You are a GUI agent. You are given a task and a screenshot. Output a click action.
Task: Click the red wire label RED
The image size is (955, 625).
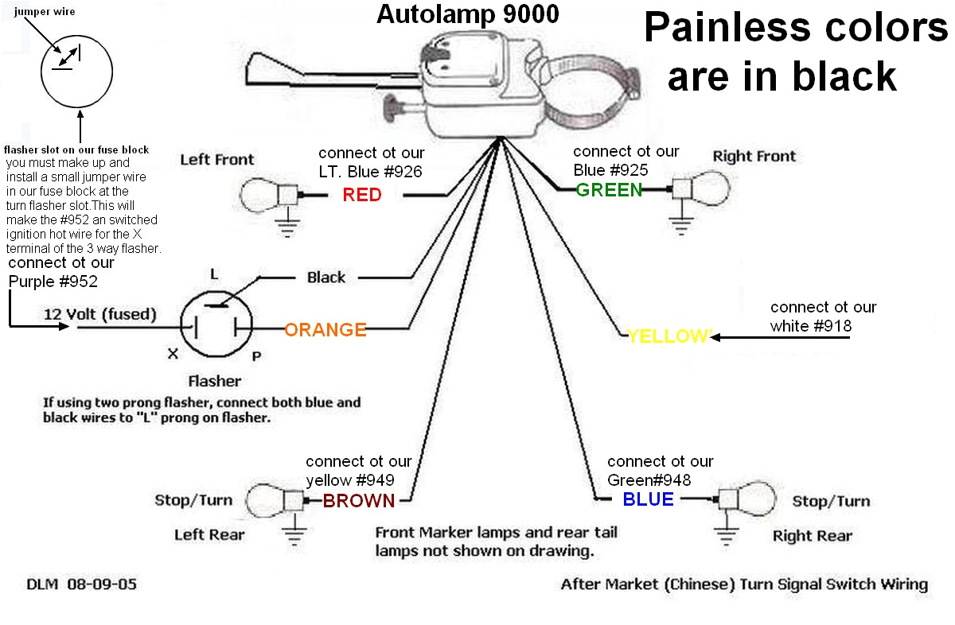[362, 195]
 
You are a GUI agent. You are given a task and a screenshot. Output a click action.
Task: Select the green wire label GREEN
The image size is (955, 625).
[609, 189]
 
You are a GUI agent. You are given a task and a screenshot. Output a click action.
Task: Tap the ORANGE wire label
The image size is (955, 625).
[325, 329]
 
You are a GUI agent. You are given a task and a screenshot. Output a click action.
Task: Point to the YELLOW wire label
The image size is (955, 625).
[668, 336]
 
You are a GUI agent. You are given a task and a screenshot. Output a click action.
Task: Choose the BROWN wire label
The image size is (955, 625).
[359, 500]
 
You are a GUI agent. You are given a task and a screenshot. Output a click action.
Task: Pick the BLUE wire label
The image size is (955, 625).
[648, 499]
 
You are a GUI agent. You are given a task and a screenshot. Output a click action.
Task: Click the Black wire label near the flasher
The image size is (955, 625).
[326, 278]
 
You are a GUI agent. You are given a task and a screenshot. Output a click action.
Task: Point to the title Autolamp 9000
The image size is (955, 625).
[467, 14]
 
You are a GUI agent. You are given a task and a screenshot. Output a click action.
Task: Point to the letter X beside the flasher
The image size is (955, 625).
[173, 355]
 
